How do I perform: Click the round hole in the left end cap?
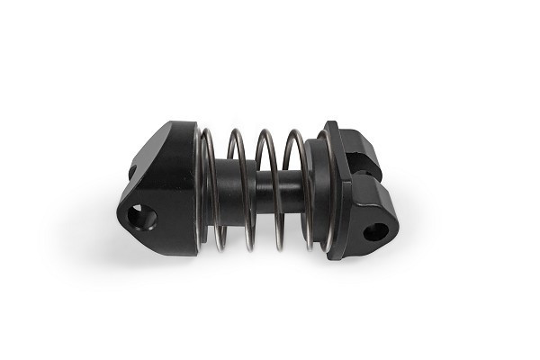coord(143,217)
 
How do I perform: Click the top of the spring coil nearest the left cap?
coord(208,133)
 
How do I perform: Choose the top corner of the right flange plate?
coord(328,124)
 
